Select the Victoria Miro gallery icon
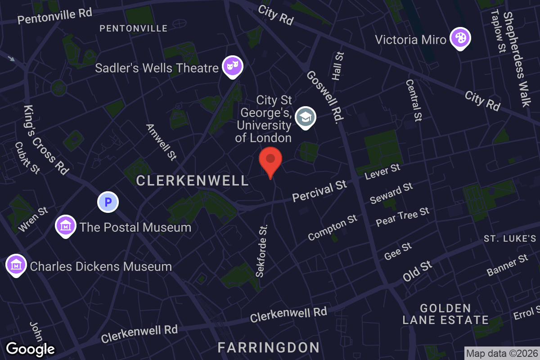point(460,38)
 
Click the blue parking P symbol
point(108,202)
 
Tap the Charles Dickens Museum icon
point(16,265)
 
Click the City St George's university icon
point(306,118)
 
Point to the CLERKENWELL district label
point(192,181)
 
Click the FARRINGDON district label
point(269,347)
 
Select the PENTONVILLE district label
point(133,29)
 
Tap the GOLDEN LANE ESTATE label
point(445,314)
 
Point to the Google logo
point(30,349)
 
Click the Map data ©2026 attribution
point(502,354)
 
